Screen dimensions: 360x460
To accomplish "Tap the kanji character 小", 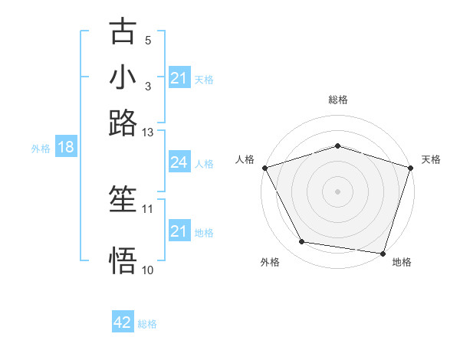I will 123,78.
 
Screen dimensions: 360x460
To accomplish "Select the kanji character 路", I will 123,123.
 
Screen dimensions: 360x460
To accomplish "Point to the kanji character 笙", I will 123,201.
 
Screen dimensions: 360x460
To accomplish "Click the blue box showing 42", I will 123,323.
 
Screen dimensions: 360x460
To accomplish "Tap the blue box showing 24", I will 179,162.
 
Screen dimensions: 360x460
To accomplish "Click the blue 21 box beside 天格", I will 179,78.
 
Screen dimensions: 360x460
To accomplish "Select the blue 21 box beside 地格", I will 179,231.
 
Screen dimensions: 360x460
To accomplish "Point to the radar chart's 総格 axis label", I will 337,100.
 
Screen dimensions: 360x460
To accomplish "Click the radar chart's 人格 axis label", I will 245,159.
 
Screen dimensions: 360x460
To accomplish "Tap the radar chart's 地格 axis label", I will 402,263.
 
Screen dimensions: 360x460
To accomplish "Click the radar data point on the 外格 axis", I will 302,242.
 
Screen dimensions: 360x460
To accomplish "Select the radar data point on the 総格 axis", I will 337,146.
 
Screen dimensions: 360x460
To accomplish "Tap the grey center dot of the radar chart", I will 337,191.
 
